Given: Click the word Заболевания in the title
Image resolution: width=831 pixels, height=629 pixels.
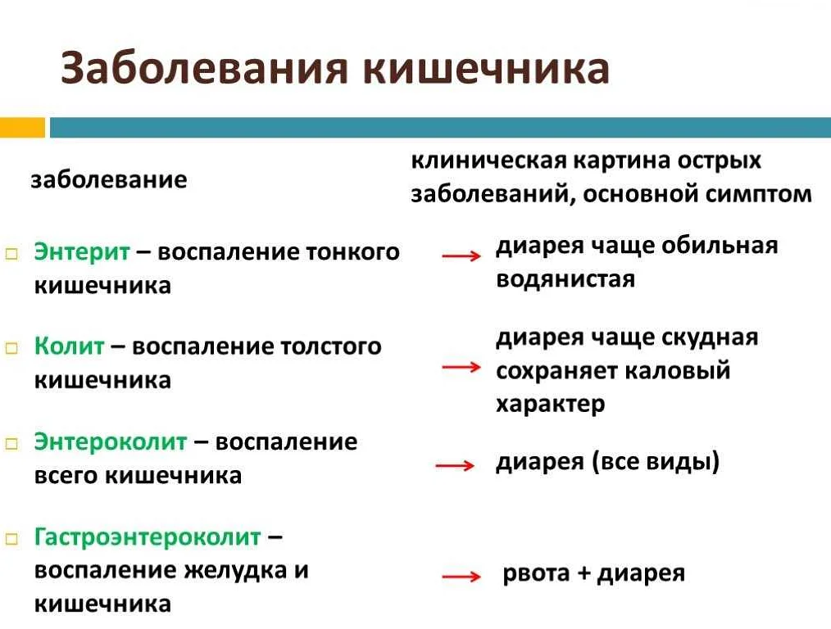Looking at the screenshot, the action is (x=205, y=68).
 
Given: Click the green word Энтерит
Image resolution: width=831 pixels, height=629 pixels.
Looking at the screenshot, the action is (x=82, y=251).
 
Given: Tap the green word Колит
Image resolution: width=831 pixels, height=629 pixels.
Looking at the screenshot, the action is (x=70, y=346).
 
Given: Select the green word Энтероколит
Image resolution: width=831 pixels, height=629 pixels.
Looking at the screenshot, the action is (x=111, y=441).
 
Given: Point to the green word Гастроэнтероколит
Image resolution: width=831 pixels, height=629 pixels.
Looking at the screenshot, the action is (x=148, y=537).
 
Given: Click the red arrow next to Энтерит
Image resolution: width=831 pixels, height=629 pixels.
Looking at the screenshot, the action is (x=461, y=256).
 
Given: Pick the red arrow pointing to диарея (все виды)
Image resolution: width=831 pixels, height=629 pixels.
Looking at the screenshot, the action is (x=455, y=465).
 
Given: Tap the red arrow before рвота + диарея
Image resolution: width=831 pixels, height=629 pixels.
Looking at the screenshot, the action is (x=461, y=576).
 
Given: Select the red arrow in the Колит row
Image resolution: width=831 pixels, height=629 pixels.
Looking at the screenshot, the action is (x=461, y=366).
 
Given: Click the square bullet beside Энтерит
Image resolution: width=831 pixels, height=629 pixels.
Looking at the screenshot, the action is (x=11, y=254).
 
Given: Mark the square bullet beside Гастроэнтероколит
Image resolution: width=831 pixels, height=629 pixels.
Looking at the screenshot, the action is (x=11, y=540).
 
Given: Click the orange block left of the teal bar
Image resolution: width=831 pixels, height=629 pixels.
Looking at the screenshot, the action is (x=22, y=128).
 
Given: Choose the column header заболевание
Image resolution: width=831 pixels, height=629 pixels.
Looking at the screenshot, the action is (x=109, y=180).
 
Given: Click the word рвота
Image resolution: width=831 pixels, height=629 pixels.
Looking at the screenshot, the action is (x=536, y=573).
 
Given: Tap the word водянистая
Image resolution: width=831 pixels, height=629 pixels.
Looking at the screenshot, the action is (x=565, y=278).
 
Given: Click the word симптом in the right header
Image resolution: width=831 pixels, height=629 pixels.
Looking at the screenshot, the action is (x=758, y=194).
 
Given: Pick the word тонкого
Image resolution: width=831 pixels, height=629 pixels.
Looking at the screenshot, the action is (x=352, y=252).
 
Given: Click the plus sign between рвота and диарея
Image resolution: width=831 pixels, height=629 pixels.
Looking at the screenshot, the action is (x=584, y=573).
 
